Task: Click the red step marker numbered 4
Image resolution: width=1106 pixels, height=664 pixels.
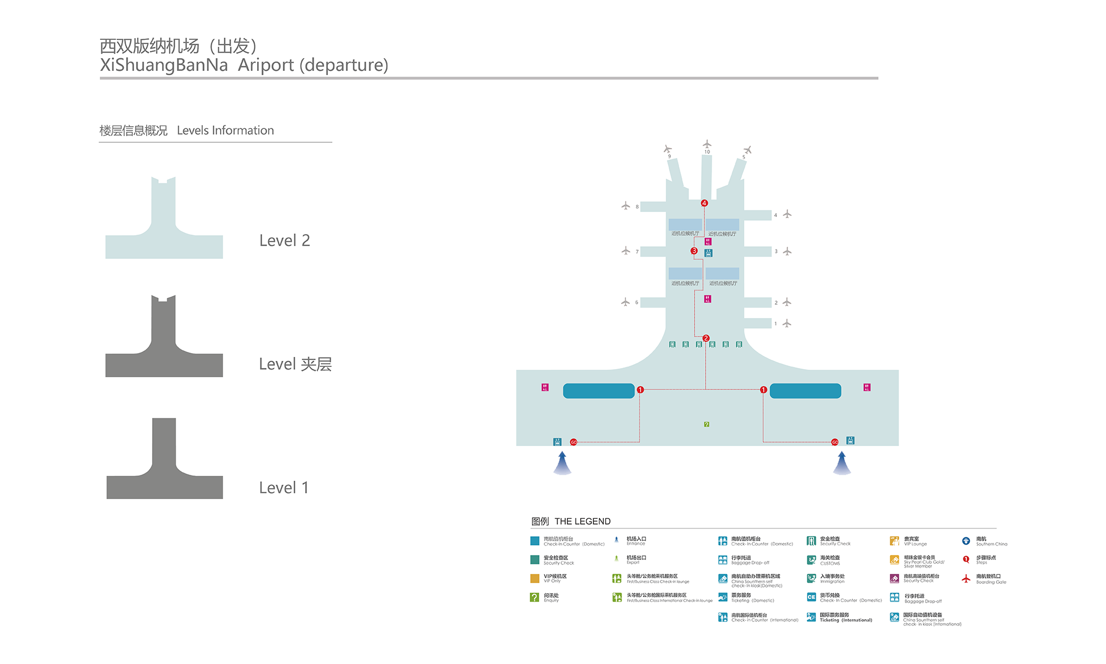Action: (704, 203)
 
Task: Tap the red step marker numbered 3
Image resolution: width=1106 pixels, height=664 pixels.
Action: (694, 251)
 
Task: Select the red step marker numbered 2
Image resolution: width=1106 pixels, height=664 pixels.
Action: (706, 338)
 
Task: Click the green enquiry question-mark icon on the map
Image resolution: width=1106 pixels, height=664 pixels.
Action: (707, 424)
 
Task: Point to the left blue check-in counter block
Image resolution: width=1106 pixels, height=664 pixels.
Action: (598, 391)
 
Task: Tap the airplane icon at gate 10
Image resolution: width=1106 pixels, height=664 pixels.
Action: (707, 144)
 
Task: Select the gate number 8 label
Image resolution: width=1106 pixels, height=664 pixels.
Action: (637, 207)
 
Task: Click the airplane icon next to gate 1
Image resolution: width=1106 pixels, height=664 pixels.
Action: (787, 323)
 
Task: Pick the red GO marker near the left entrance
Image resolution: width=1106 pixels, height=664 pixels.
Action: (573, 442)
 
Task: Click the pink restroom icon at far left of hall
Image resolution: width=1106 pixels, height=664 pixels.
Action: (545, 387)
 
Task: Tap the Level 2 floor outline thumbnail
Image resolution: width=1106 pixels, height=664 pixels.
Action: (164, 221)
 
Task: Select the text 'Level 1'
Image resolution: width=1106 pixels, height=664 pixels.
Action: (284, 487)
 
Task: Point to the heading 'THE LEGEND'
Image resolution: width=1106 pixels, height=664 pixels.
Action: (582, 521)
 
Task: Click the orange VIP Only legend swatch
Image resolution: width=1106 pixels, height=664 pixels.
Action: (535, 578)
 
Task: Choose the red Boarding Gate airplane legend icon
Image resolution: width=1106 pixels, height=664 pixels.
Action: (966, 579)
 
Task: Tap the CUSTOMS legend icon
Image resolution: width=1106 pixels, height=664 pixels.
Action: (811, 560)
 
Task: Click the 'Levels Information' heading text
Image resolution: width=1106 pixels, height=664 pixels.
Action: (225, 131)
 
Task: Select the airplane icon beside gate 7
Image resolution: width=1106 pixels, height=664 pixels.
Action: (625, 251)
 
